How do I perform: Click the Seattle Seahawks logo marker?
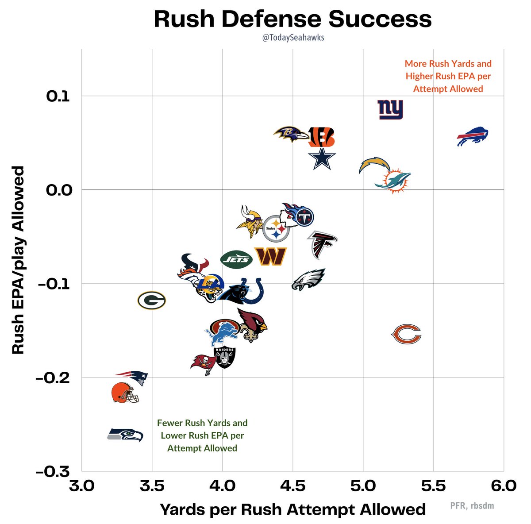pos(126,435)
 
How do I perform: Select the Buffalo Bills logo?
pos(472,137)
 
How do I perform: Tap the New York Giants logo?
pos(390,109)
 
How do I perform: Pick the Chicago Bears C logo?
pos(406,334)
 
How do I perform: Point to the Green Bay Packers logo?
pos(151,301)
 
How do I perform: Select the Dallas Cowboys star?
pos(322,159)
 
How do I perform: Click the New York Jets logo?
pos(236,259)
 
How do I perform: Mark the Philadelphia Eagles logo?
pos(308,280)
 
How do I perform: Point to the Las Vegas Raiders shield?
pos(225,357)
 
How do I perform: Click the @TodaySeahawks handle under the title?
pos(292,38)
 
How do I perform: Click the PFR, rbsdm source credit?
pos(472,505)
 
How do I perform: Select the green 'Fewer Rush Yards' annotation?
pos(202,435)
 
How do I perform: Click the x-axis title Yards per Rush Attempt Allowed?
pos(292,509)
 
